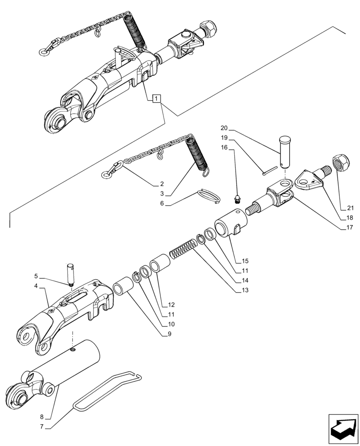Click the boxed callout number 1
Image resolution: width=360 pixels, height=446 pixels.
[156, 99]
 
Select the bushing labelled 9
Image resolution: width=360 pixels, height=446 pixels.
[124, 285]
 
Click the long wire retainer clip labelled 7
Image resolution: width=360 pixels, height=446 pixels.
[107, 390]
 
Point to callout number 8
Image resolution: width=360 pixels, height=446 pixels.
[41, 417]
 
